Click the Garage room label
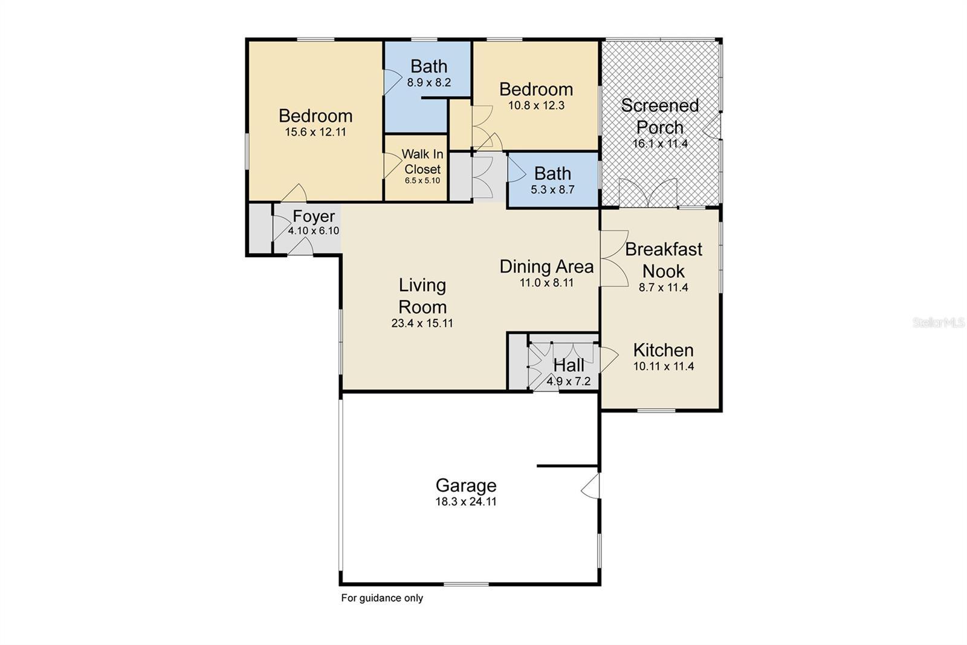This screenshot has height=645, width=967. pos(466,485)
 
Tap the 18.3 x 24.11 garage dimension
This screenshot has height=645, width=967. pos(466,502)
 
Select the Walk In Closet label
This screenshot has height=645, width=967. pos(422,162)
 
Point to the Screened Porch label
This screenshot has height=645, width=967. pos(660,116)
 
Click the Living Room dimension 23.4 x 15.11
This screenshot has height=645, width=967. pos(422,323)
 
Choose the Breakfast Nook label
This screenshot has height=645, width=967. pos(664,260)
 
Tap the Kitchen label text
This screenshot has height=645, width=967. pos(663,350)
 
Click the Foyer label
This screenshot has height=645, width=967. pos(314,216)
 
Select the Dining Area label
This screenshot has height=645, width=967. pos(546,266)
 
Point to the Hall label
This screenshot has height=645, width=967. pos(569,365)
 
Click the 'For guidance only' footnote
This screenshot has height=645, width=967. pos(382,598)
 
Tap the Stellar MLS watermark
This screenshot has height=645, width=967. pos(939,323)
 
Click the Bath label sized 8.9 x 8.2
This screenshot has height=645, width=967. pos(429,66)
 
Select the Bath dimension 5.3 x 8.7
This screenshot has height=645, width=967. pos(552,189)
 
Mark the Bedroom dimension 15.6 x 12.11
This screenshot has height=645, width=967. pos(315,132)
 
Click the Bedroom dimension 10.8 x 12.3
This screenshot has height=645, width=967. pos(536,105)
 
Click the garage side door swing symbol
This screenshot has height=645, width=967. pos(590,486)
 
